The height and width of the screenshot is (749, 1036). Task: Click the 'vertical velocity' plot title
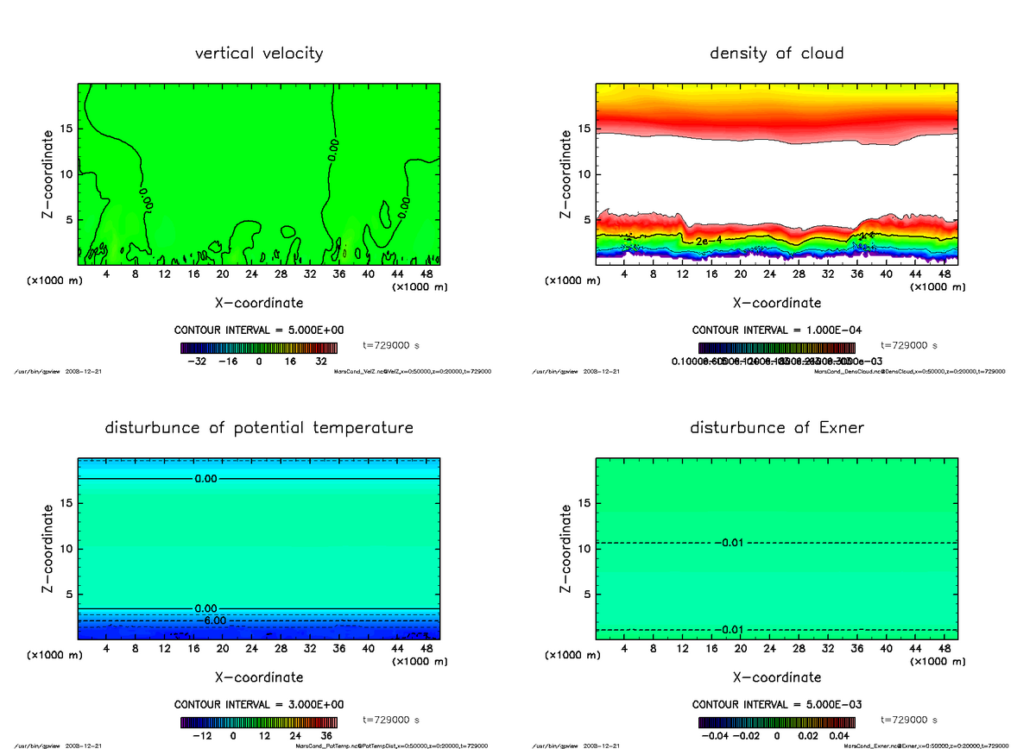click(259, 53)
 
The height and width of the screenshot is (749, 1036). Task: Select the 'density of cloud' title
click(776, 53)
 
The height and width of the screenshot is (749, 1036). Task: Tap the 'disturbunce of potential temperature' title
click(259, 428)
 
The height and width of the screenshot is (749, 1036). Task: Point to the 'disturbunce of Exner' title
click(776, 428)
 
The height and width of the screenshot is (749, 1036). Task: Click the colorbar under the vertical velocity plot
click(259, 348)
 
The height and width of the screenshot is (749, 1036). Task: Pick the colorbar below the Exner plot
click(776, 722)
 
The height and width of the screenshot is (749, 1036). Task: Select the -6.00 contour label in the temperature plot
click(211, 620)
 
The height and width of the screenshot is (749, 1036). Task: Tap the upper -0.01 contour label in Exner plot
click(729, 543)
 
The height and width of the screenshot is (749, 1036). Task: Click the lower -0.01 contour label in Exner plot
click(729, 629)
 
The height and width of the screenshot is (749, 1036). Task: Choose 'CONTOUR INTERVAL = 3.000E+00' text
click(259, 704)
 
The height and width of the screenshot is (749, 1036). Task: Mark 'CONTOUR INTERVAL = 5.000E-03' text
click(776, 704)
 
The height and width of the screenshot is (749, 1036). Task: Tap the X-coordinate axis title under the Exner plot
click(776, 677)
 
